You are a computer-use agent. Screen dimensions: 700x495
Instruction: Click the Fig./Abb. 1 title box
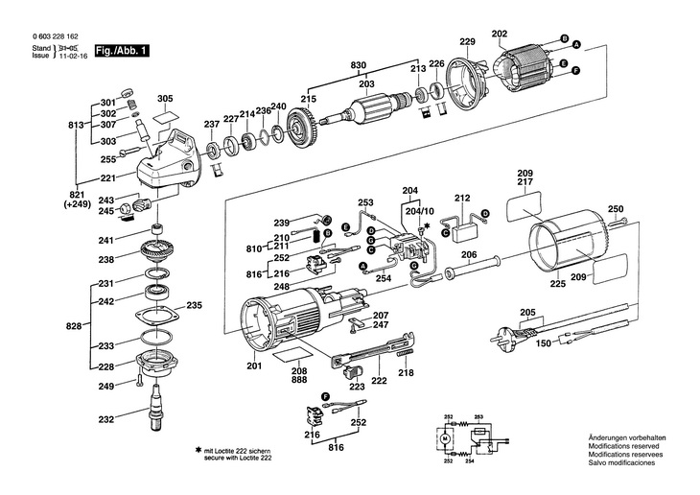(x=122, y=51)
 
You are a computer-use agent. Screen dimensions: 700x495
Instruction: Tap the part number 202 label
(x=499, y=34)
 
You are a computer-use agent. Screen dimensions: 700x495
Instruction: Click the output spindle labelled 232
(x=155, y=407)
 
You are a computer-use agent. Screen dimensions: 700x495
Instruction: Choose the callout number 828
(x=74, y=326)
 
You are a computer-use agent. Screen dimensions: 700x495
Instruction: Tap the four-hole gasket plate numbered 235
(x=157, y=316)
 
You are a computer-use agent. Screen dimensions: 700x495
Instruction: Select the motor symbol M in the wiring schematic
(x=444, y=438)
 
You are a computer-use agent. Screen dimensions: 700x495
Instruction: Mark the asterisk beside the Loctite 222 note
(x=198, y=451)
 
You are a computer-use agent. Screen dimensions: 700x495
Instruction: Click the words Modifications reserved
(x=623, y=446)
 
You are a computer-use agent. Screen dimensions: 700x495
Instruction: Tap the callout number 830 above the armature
(x=358, y=65)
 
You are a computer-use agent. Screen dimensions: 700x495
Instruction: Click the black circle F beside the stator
(x=576, y=70)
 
